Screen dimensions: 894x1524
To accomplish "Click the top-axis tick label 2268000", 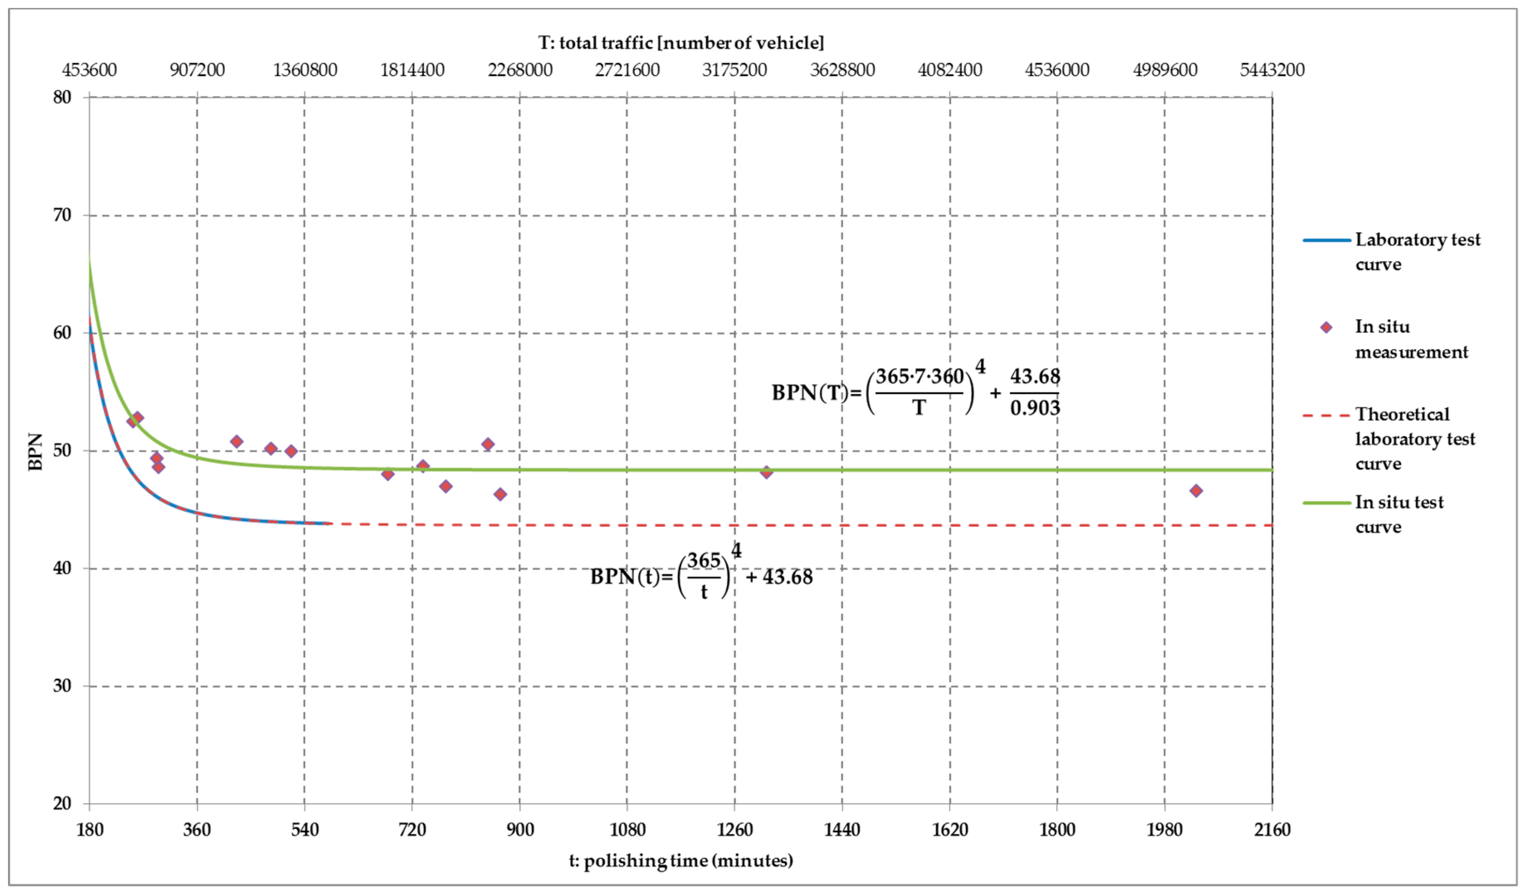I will click(520, 70).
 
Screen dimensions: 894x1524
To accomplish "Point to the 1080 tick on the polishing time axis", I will click(627, 829).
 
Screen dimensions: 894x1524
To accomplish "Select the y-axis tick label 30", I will click(62, 686).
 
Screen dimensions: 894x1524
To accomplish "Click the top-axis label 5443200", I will click(1272, 70).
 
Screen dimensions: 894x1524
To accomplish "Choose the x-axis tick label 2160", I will click(1272, 829).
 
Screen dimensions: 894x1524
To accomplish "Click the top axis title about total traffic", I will click(681, 43).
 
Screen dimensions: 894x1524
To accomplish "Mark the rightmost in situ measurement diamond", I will click(1196, 491).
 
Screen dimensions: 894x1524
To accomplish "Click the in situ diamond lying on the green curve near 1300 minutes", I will click(766, 472).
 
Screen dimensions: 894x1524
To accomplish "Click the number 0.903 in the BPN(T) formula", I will click(1035, 408).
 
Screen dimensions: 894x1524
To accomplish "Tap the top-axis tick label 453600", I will click(90, 70).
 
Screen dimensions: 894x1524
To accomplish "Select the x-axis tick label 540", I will click(304, 829).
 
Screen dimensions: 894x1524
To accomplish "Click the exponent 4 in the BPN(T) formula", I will click(980, 366).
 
